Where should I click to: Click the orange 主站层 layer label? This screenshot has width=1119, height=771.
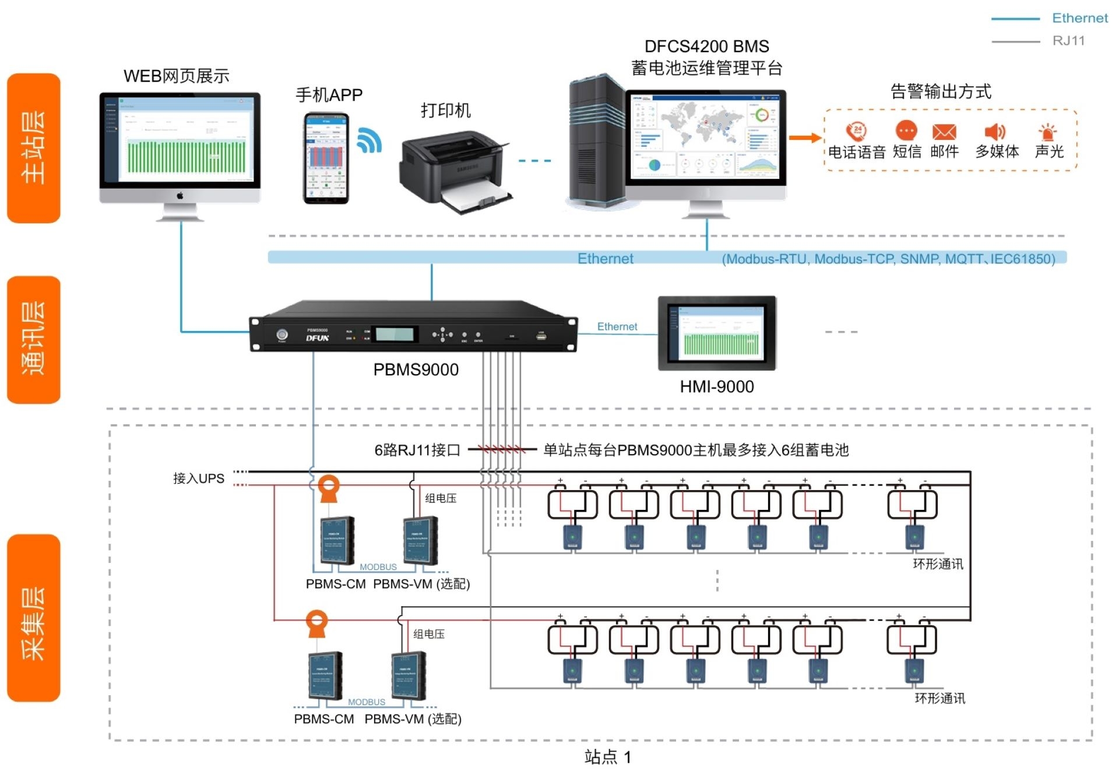click(33, 148)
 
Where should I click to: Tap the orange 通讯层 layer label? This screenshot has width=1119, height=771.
click(33, 339)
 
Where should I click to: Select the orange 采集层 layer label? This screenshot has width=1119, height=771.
click(33, 618)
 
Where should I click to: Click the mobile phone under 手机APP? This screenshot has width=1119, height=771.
click(326, 158)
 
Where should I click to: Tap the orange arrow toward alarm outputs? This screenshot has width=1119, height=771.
click(805, 138)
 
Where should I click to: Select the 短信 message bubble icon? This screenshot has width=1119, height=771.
click(906, 130)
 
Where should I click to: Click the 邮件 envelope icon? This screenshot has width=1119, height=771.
click(944, 131)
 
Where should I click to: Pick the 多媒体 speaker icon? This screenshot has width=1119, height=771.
click(994, 132)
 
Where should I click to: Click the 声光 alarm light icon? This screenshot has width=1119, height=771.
click(1048, 132)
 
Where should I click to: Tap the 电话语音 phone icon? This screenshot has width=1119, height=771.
click(856, 131)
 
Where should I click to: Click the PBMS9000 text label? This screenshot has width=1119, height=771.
click(416, 369)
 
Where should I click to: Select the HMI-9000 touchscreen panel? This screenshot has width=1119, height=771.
click(717, 333)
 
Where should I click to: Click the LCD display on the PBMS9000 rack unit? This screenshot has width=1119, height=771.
click(395, 334)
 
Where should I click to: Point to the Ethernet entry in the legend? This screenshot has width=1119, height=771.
click(1079, 18)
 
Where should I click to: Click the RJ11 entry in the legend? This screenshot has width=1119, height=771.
click(1068, 41)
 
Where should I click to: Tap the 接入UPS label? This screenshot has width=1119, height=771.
click(199, 478)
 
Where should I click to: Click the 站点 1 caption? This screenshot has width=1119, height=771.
click(607, 757)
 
